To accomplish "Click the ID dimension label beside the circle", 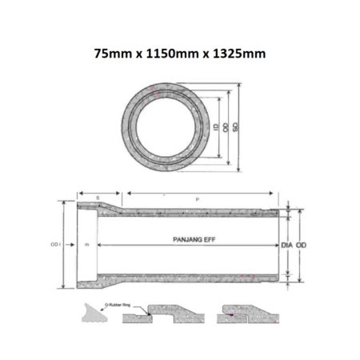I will click(215, 127).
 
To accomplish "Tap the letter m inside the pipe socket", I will click(86, 242).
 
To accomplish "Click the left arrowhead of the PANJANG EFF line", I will click(98, 244).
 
